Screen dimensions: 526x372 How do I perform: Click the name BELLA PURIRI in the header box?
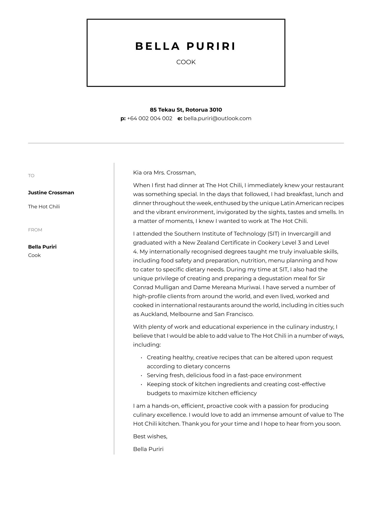[x=186, y=47]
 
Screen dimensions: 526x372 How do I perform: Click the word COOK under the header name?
[x=186, y=62]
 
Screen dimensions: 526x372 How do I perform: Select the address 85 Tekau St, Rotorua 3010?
[x=186, y=110]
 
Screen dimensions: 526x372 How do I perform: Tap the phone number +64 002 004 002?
[x=150, y=119]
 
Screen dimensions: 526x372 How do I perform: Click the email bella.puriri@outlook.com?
[x=217, y=119]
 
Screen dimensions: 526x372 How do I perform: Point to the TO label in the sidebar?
[x=31, y=176]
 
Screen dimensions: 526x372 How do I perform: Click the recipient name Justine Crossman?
[x=51, y=193]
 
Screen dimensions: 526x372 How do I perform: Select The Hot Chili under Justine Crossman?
[x=44, y=207]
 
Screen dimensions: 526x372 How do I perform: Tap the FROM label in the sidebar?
[x=35, y=230]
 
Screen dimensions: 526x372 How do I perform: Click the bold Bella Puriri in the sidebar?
[x=42, y=247]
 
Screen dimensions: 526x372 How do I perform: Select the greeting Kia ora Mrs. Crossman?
[x=164, y=173]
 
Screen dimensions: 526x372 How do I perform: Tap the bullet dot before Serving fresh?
[x=142, y=376]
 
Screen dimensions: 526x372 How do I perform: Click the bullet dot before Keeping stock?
[x=142, y=385]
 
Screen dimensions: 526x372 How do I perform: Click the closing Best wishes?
[x=150, y=437]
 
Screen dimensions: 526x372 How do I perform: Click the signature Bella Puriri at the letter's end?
[x=148, y=449]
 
